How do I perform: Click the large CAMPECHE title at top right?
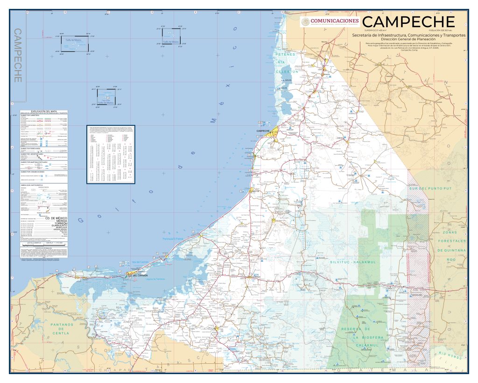click(x=408, y=22)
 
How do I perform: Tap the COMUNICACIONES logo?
click(x=330, y=21)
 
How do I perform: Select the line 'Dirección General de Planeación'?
click(x=408, y=39)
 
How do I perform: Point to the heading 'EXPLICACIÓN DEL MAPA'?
click(x=44, y=111)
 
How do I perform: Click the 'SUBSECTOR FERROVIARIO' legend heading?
click(x=32, y=148)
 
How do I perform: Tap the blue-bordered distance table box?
click(x=111, y=154)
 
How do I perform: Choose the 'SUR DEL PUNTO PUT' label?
click(x=430, y=188)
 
